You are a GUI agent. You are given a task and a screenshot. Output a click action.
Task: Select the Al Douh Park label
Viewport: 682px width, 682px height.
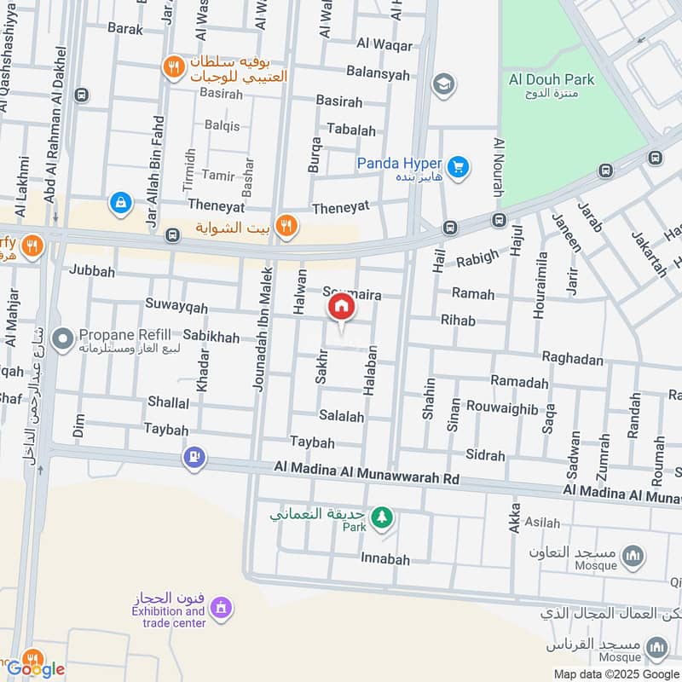551,79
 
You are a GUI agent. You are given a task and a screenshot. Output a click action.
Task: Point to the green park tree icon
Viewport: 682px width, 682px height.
381,516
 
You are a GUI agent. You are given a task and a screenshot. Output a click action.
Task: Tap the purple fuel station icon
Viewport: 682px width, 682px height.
195,459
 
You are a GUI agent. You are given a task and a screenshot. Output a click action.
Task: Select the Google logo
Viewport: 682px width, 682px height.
35,669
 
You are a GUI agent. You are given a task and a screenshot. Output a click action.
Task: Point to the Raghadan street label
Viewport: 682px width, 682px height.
572,360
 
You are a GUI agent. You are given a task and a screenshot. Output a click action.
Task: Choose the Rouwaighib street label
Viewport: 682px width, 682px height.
502,409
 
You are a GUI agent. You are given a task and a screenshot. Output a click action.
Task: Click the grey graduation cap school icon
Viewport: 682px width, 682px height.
442,84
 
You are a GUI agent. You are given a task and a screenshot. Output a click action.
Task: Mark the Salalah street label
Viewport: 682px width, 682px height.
341,416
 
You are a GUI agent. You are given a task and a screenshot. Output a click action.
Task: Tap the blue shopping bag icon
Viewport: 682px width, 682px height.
121,203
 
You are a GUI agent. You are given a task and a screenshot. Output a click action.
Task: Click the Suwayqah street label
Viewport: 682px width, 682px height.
176,307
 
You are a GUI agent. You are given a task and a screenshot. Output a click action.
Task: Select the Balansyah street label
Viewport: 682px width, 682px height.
378,73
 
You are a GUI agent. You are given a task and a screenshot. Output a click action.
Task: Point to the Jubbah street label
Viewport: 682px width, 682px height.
91,270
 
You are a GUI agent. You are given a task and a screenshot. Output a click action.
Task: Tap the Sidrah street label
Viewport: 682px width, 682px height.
486,455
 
